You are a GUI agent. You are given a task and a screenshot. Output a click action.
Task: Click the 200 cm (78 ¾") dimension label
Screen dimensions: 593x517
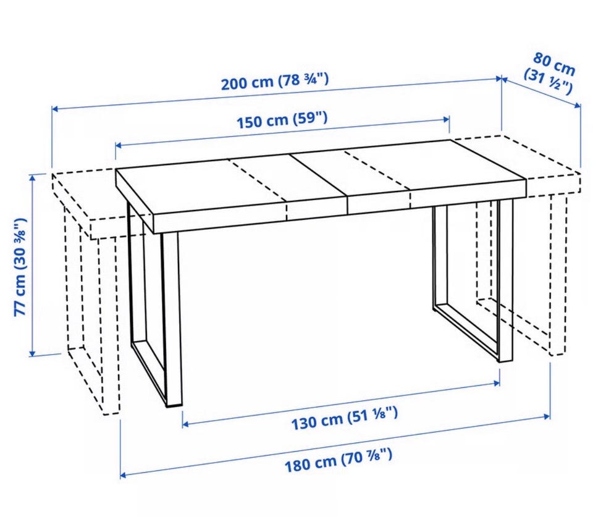[275, 82]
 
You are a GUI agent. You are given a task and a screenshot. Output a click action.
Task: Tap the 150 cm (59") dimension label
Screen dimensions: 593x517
[282, 120]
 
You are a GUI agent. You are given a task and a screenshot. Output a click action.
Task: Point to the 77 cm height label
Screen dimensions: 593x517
[21, 267]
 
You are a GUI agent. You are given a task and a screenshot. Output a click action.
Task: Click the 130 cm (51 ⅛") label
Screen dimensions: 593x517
[345, 418]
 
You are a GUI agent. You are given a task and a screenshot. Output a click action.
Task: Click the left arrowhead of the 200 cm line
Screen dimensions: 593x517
[55, 109]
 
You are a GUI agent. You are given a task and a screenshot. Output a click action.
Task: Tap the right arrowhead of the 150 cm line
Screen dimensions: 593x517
[446, 119]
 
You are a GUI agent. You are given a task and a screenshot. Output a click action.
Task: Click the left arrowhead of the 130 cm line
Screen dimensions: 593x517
[186, 424]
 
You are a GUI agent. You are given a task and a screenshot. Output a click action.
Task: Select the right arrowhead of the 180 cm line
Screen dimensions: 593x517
[547, 417]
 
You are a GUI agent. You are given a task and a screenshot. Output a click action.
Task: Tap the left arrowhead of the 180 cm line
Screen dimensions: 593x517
[124, 474]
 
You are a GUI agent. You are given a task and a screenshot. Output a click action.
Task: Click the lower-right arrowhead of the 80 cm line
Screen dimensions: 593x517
[577, 106]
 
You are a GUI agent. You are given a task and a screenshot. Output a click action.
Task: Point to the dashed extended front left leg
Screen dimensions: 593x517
[110, 326]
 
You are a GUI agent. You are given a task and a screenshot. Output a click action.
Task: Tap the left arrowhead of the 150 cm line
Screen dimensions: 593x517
[119, 146]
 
